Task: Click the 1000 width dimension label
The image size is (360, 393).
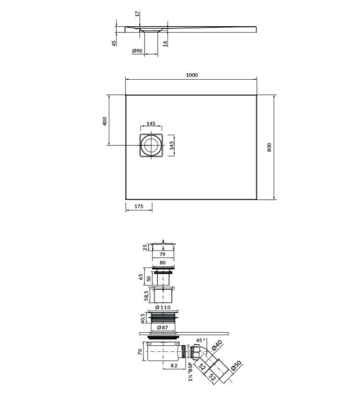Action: pos(192,75)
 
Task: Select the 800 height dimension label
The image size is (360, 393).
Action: pos(269,147)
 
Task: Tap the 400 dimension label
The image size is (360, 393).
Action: pos(105,121)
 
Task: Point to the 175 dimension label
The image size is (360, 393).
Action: pos(139,206)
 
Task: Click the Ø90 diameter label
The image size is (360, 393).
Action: pos(137,51)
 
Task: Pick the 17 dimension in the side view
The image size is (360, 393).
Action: pos(138,14)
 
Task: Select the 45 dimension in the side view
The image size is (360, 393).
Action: pos(114,43)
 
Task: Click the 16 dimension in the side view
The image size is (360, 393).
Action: pos(165,44)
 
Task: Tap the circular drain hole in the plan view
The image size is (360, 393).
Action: pos(151,145)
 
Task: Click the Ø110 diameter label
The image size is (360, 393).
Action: pos(163,308)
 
